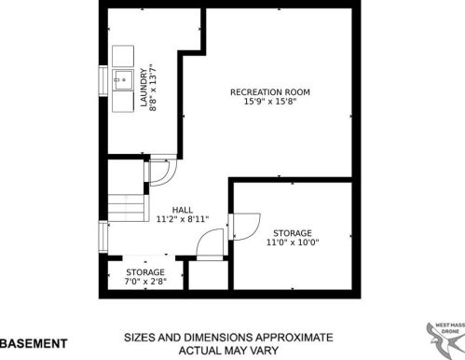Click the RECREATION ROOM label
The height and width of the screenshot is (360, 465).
(270, 92)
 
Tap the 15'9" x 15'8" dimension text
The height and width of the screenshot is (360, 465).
(270, 102)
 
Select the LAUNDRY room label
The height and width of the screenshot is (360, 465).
(144, 88)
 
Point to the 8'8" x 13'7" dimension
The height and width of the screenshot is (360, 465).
(153, 88)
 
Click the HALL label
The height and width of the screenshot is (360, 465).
(183, 210)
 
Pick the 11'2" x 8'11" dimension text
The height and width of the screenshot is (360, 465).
(183, 219)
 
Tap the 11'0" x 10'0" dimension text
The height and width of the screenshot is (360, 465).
(293, 242)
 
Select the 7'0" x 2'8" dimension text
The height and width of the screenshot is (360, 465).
(145, 282)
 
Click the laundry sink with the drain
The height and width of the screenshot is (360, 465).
(123, 79)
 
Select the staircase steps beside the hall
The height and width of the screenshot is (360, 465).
(127, 208)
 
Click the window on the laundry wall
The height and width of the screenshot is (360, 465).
(103, 80)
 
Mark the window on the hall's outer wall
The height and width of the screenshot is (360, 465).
(103, 237)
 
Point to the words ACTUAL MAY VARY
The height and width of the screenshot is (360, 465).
(228, 351)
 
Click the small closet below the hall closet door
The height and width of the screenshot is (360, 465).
(209, 275)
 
